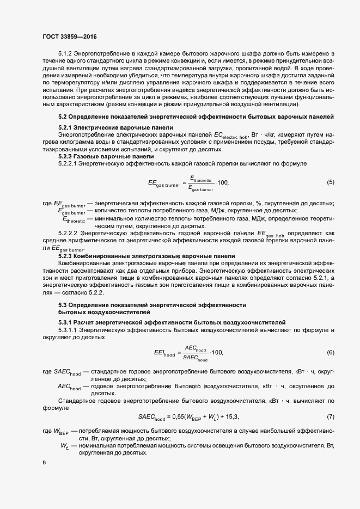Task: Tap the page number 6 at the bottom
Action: tap(44, 462)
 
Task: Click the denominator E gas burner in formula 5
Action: tap(200, 188)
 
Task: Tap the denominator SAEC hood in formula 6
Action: tap(196, 358)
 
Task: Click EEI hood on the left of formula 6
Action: tap(165, 353)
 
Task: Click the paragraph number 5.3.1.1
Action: tap(69, 330)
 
